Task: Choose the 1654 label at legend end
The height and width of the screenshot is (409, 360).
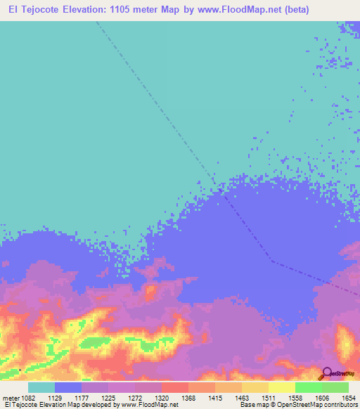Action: tap(348, 396)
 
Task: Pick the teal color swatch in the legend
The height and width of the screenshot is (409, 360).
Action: tap(41, 387)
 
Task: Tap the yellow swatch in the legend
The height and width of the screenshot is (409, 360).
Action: tap(281, 387)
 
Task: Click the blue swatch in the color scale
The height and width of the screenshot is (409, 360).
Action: tap(68, 387)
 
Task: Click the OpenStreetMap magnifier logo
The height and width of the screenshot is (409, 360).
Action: tap(326, 373)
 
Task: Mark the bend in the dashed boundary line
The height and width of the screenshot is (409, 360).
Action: tap(272, 262)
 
